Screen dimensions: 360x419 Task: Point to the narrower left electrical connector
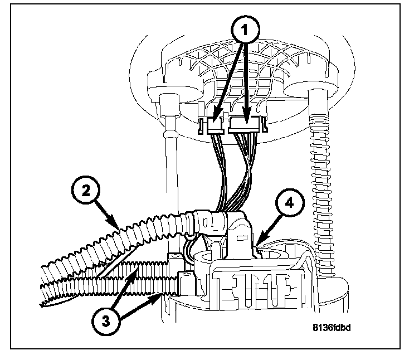tap(216, 127)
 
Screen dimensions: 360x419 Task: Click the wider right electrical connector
tap(247, 126)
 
